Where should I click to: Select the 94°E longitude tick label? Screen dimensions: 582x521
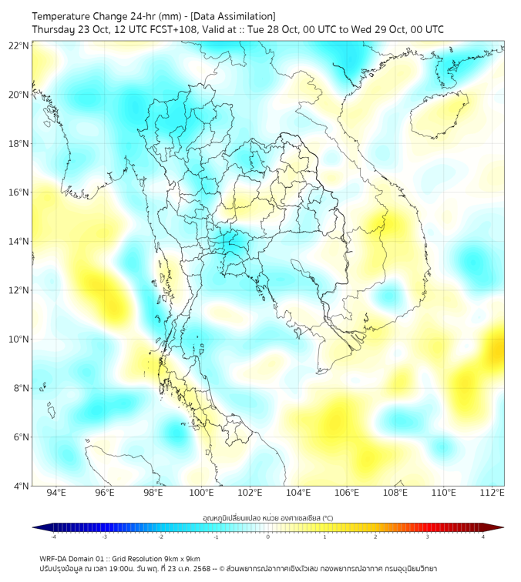coord(56,493)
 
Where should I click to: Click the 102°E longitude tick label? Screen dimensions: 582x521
coord(250,493)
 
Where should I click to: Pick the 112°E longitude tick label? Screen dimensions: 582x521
coord(492,493)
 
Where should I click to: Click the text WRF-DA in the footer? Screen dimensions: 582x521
coord(54,559)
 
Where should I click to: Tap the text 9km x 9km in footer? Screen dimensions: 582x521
coord(183,559)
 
